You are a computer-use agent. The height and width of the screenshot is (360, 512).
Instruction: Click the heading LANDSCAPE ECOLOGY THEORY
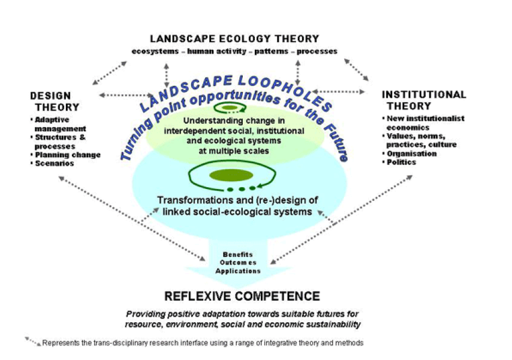click(x=234, y=39)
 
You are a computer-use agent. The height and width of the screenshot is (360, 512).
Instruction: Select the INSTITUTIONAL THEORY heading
click(x=423, y=100)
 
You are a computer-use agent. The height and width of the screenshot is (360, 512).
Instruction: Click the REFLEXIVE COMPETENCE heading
click(x=242, y=296)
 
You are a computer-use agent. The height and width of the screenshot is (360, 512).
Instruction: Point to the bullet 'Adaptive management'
click(x=59, y=124)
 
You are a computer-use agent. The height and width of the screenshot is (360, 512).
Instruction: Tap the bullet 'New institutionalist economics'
click(x=424, y=123)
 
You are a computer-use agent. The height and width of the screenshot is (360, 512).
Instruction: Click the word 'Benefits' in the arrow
click(x=238, y=254)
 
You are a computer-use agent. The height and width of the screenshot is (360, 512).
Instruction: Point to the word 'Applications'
click(x=238, y=271)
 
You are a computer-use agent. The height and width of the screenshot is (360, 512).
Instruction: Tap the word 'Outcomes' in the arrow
click(x=238, y=263)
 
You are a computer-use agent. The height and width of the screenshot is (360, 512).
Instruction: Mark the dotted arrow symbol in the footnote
click(x=32, y=341)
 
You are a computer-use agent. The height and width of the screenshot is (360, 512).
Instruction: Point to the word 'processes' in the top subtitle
click(x=317, y=52)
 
